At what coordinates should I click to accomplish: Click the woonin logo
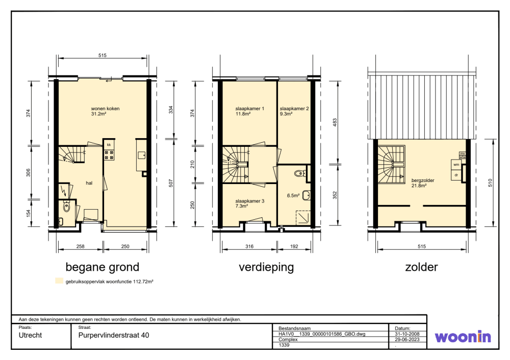click(x=463, y=337)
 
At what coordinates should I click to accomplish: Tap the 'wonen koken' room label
click(x=105, y=109)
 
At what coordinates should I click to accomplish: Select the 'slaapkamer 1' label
click(x=249, y=109)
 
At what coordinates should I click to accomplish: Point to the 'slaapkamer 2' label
click(x=294, y=109)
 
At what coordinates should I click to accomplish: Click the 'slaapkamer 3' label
click(x=249, y=201)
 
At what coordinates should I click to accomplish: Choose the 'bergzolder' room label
click(x=422, y=181)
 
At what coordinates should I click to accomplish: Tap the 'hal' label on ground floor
click(x=89, y=183)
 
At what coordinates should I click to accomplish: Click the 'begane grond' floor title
click(x=103, y=267)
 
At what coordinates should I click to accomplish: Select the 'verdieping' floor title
click(x=266, y=267)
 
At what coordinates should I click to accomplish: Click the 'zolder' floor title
click(x=421, y=267)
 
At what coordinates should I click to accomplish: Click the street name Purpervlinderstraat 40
click(x=114, y=336)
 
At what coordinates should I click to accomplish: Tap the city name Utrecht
click(x=30, y=336)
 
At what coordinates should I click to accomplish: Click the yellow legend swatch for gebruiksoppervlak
click(x=59, y=280)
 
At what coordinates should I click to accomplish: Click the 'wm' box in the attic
click(x=456, y=165)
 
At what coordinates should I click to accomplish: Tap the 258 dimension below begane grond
click(x=81, y=246)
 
